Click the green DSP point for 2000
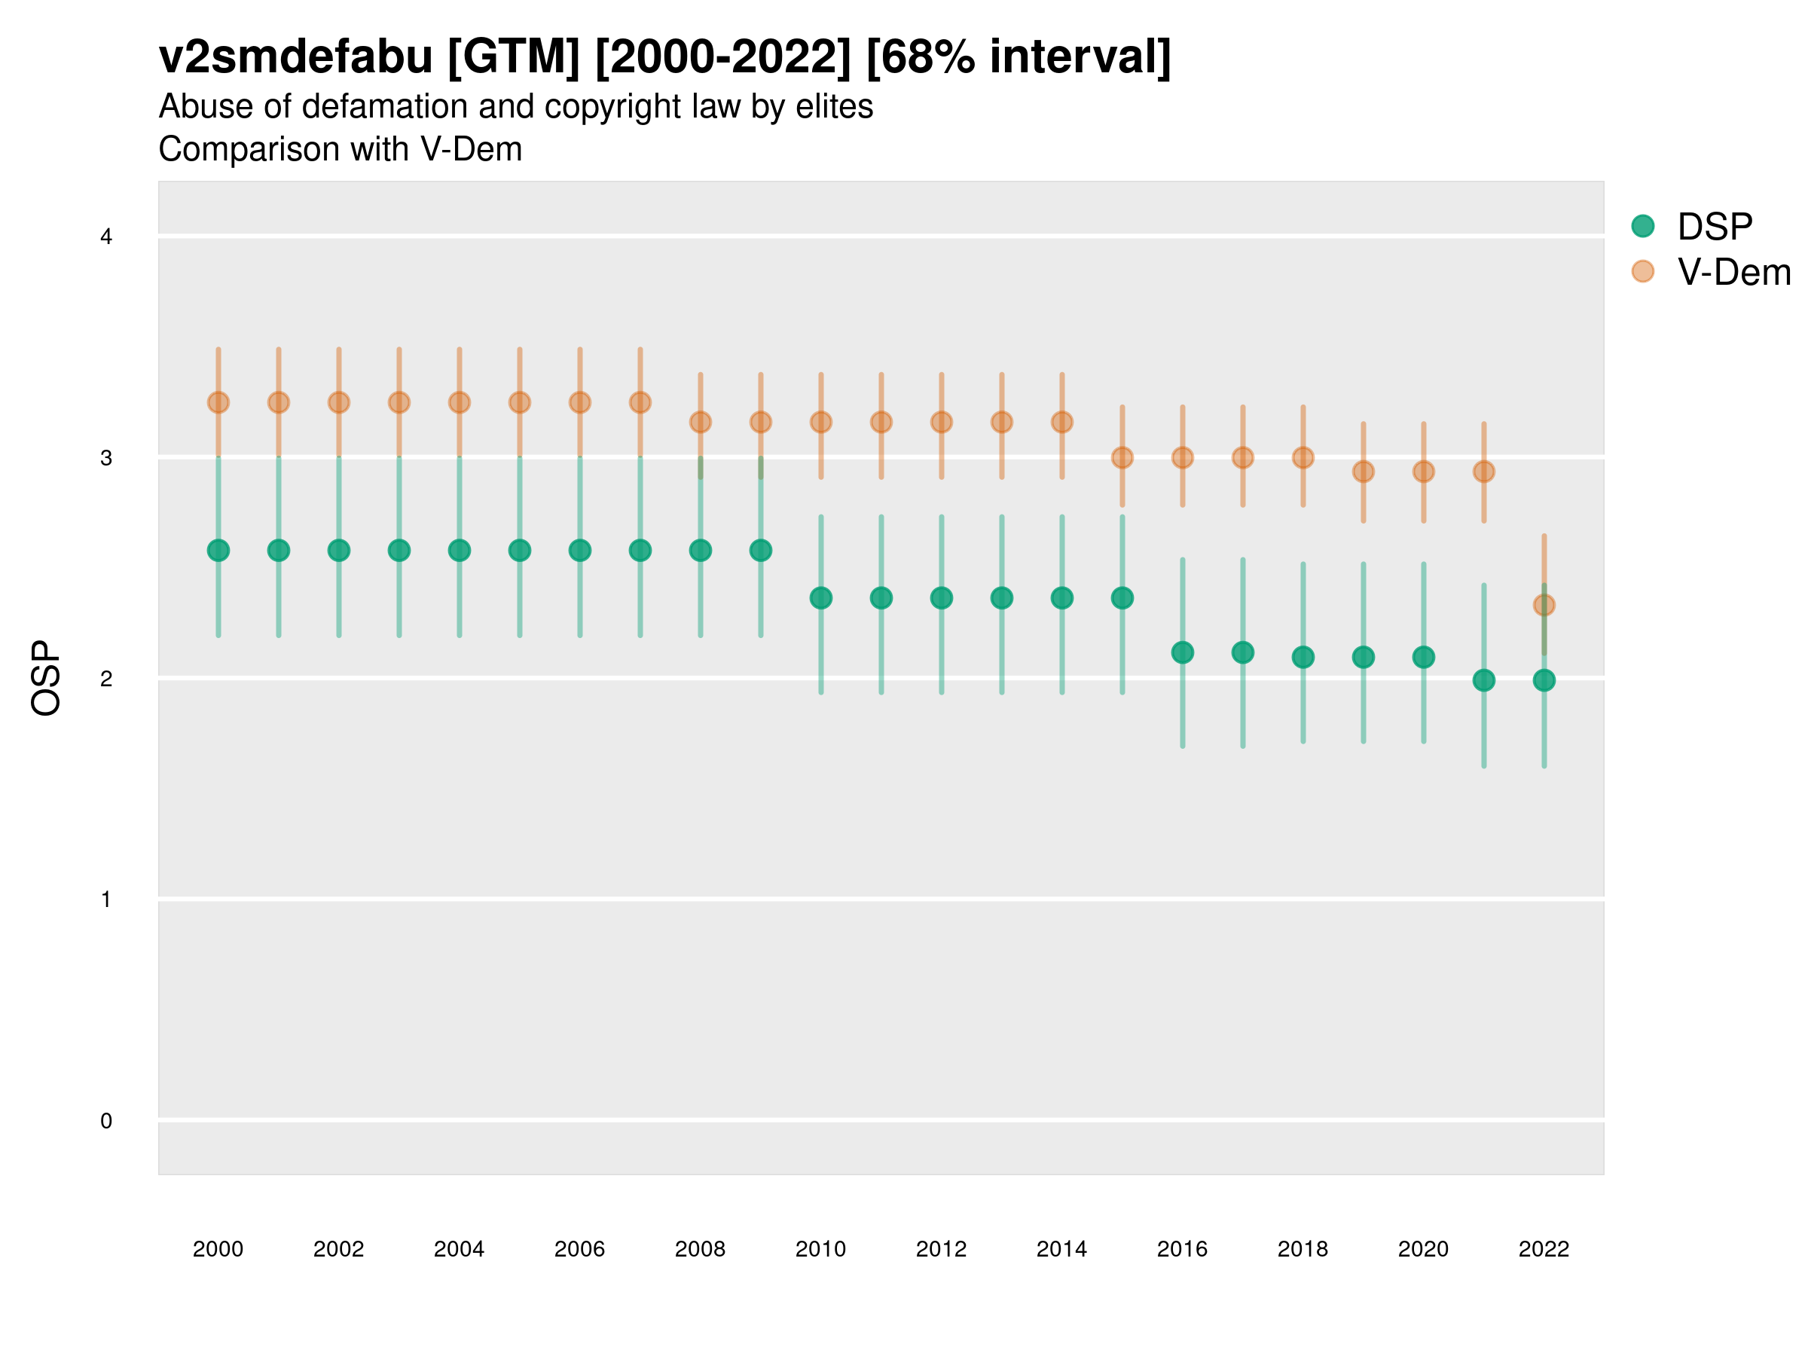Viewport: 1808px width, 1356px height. coord(218,551)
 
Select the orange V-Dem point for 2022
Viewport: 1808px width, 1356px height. coord(1544,605)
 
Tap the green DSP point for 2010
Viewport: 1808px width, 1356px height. coord(820,598)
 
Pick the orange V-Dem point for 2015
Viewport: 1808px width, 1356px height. coord(1122,458)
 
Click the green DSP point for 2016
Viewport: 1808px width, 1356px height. coord(1183,652)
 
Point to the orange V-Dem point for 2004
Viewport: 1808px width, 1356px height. coord(460,402)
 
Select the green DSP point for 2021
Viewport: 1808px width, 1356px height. coord(1483,680)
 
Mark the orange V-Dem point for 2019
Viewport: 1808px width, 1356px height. coord(1364,472)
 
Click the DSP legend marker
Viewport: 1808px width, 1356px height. coord(1643,225)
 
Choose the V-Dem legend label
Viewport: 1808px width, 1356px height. coord(1733,272)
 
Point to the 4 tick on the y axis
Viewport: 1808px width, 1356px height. coord(106,237)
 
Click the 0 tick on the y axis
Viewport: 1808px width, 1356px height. coord(106,1121)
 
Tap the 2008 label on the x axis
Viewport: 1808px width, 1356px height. coord(700,1249)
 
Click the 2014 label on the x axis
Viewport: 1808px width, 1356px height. coord(1061,1249)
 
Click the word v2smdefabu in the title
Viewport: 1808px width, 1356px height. coord(295,56)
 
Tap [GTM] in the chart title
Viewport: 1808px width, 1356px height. coord(514,56)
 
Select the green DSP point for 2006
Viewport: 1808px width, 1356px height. coord(579,551)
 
